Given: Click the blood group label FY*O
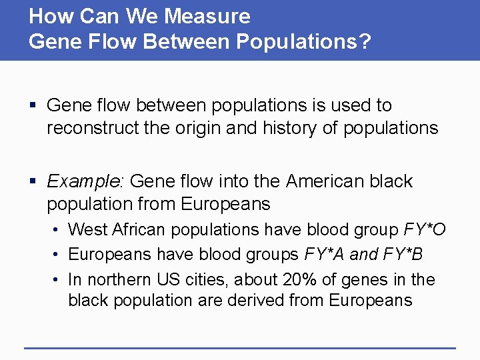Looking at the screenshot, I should pos(425,230).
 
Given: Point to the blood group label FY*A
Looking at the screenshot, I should pos(325,255).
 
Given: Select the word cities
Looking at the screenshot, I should pos(199,279).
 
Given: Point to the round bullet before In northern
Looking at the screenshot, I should pos(58,280).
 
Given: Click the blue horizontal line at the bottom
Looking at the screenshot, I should pos(240,347).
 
